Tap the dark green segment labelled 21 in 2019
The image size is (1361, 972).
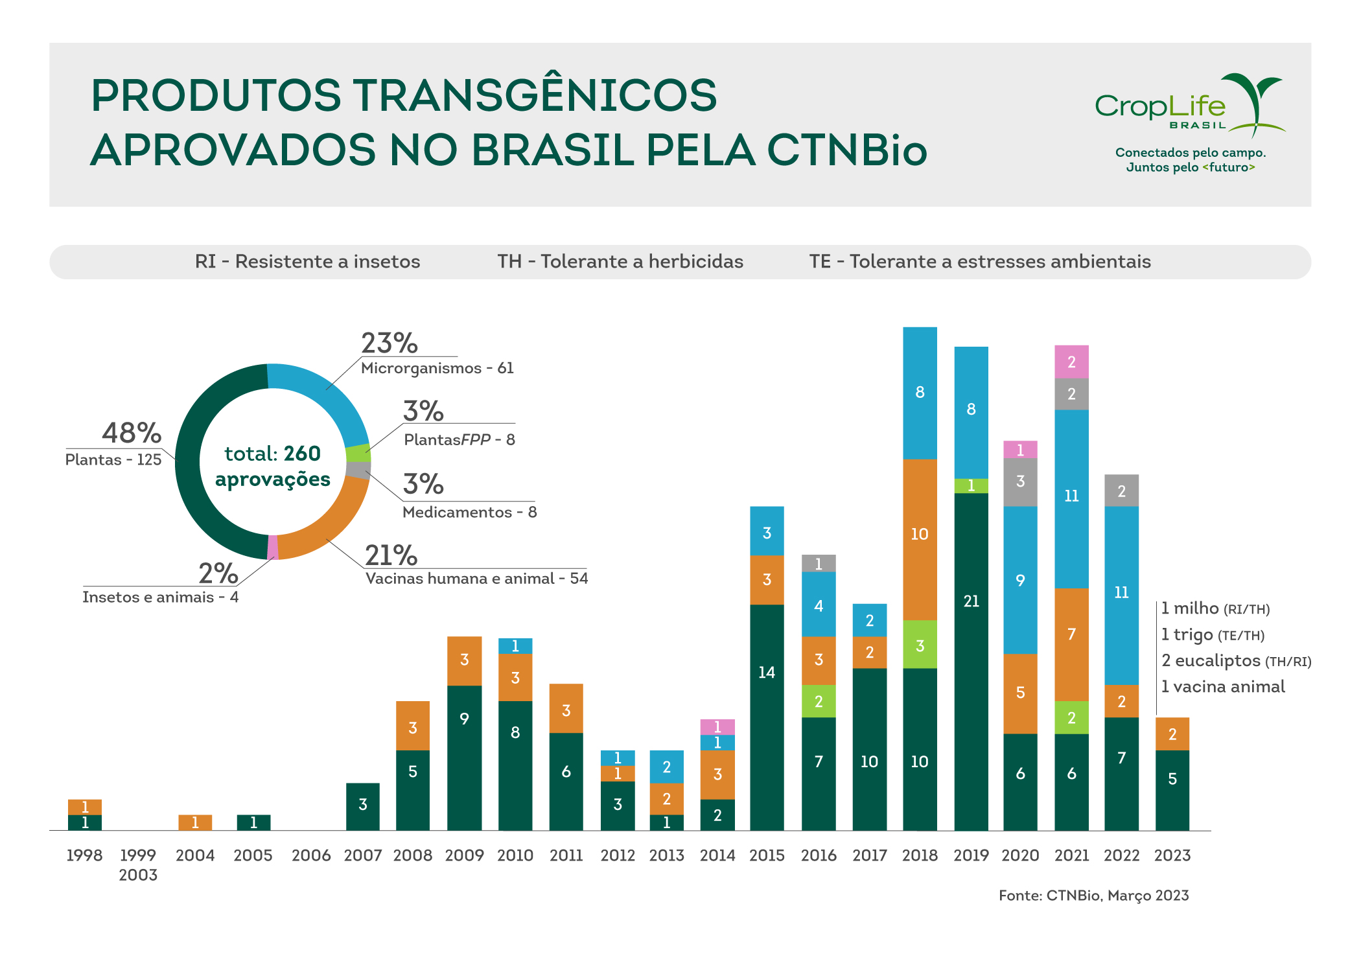971,661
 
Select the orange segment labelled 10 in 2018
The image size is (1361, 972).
920,539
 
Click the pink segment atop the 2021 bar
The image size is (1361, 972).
1071,362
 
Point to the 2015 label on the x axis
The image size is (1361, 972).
767,855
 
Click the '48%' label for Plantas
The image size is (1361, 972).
132,433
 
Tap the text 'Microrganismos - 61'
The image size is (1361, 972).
437,368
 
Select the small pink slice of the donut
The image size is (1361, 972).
273,548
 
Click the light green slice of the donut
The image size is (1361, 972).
358,453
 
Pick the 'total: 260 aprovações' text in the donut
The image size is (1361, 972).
273,466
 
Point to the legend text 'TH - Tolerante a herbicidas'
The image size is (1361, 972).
620,262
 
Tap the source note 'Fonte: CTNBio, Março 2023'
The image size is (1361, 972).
1093,896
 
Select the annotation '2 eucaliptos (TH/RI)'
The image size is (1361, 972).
1236,661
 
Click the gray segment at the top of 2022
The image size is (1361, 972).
1121,491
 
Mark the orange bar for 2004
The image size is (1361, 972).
195,822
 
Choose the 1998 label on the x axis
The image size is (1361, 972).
85,855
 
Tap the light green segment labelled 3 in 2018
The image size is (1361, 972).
920,645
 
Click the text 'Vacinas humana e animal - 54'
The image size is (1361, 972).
476,579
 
